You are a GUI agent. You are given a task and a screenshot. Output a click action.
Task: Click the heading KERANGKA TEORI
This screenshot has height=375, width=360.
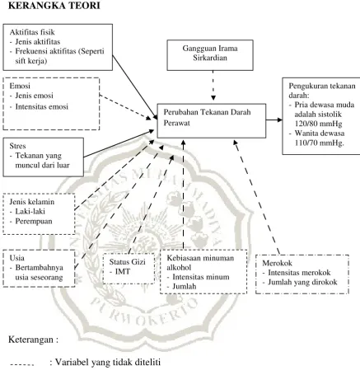click(x=54, y=5)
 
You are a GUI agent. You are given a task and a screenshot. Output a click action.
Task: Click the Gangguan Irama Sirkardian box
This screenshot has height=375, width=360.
click(x=210, y=55)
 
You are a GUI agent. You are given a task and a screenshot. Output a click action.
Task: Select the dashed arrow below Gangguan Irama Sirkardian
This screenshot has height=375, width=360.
click(x=213, y=86)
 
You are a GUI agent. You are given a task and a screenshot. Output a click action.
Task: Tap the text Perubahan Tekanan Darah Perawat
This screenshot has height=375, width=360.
click(x=207, y=117)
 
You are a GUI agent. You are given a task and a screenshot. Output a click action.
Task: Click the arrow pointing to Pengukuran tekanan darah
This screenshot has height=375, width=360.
click(x=274, y=120)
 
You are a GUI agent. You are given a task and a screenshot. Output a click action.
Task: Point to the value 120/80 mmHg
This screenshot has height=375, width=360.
click(x=318, y=124)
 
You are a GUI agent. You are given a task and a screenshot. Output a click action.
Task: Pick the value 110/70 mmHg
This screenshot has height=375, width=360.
click(x=320, y=143)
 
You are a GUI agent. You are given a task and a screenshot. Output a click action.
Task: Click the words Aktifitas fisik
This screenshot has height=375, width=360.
click(x=32, y=32)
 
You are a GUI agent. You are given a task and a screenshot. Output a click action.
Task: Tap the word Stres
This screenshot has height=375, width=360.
click(x=17, y=146)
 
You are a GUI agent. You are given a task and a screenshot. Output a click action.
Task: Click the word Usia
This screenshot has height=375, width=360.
click(x=16, y=258)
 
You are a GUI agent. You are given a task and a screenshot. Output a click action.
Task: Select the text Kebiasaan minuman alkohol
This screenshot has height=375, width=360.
click(x=200, y=263)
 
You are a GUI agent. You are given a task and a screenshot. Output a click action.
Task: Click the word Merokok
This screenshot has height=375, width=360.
click(x=277, y=263)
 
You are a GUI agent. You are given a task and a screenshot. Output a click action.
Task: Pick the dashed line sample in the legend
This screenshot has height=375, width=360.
click(x=21, y=365)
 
